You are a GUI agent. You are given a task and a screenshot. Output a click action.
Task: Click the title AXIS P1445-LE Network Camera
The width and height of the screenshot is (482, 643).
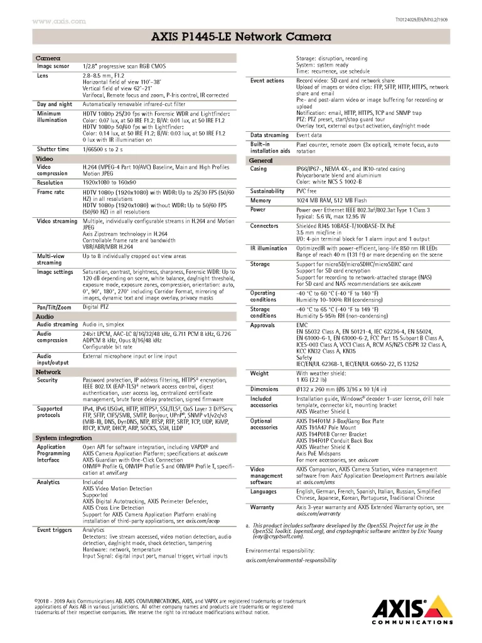click(241, 38)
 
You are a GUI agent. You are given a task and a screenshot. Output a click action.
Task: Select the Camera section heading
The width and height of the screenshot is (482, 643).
click(48, 57)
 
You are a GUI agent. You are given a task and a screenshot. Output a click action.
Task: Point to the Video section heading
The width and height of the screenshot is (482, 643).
click(45, 159)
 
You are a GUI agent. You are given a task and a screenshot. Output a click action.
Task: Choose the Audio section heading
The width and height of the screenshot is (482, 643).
click(45, 317)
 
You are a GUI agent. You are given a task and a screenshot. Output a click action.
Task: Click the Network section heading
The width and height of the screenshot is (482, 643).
click(48, 372)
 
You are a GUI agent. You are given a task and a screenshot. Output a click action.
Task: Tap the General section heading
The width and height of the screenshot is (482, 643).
click(261, 161)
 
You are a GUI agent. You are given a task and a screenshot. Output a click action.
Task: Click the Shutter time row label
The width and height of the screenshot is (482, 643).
click(53, 149)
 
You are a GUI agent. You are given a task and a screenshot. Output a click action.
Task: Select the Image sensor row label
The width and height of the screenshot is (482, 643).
click(53, 65)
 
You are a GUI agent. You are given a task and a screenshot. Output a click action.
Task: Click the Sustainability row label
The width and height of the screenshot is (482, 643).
click(267, 191)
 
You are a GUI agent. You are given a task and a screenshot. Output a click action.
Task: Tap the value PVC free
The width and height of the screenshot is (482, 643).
click(306, 191)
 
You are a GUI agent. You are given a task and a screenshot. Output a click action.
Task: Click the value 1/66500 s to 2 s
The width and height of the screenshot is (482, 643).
click(103, 149)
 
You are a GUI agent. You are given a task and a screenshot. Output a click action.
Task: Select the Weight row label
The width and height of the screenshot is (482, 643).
click(259, 373)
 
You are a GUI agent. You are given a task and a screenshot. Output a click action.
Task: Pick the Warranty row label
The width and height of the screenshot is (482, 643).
click(262, 507)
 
